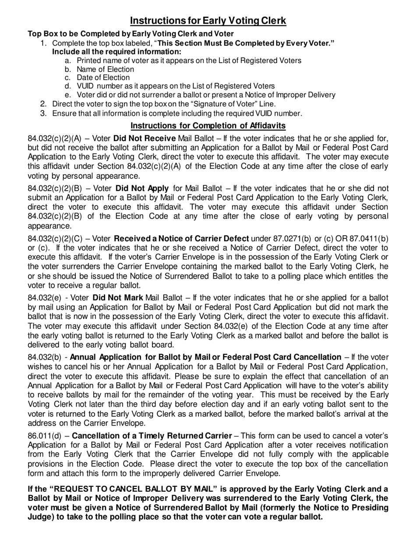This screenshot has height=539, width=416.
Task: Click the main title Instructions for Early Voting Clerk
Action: tap(208, 21)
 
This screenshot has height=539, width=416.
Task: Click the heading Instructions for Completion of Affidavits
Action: tap(208, 126)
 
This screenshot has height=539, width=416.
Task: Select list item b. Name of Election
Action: tap(105, 69)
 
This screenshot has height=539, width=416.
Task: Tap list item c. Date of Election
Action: tap(103, 78)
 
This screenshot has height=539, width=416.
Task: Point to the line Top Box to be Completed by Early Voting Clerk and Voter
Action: tap(130, 34)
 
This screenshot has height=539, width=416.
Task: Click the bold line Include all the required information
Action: tap(116, 51)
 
